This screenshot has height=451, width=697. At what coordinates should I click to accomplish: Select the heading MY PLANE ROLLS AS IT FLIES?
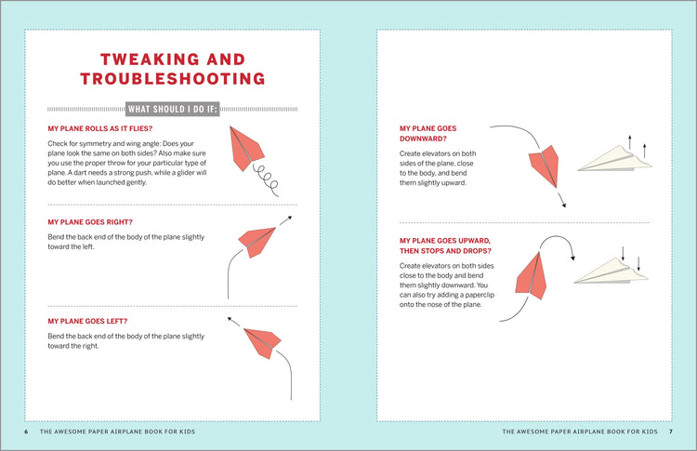(99, 128)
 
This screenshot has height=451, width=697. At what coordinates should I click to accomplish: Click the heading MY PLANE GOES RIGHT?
(89, 222)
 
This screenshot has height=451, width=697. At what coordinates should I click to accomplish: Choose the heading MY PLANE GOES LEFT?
(86, 321)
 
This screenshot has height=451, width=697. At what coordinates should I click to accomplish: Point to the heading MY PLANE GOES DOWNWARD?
(428, 134)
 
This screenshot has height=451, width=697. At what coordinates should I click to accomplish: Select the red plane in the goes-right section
(257, 240)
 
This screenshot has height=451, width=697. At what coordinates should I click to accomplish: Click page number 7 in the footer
(670, 431)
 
